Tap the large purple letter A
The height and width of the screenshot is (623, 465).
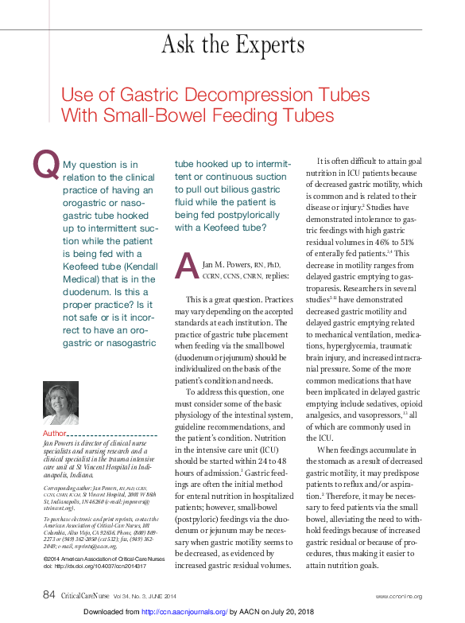(186, 264)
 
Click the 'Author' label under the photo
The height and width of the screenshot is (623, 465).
(55, 433)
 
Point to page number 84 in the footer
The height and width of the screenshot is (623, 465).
(48, 595)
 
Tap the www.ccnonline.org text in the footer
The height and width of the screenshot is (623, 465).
(399, 596)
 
